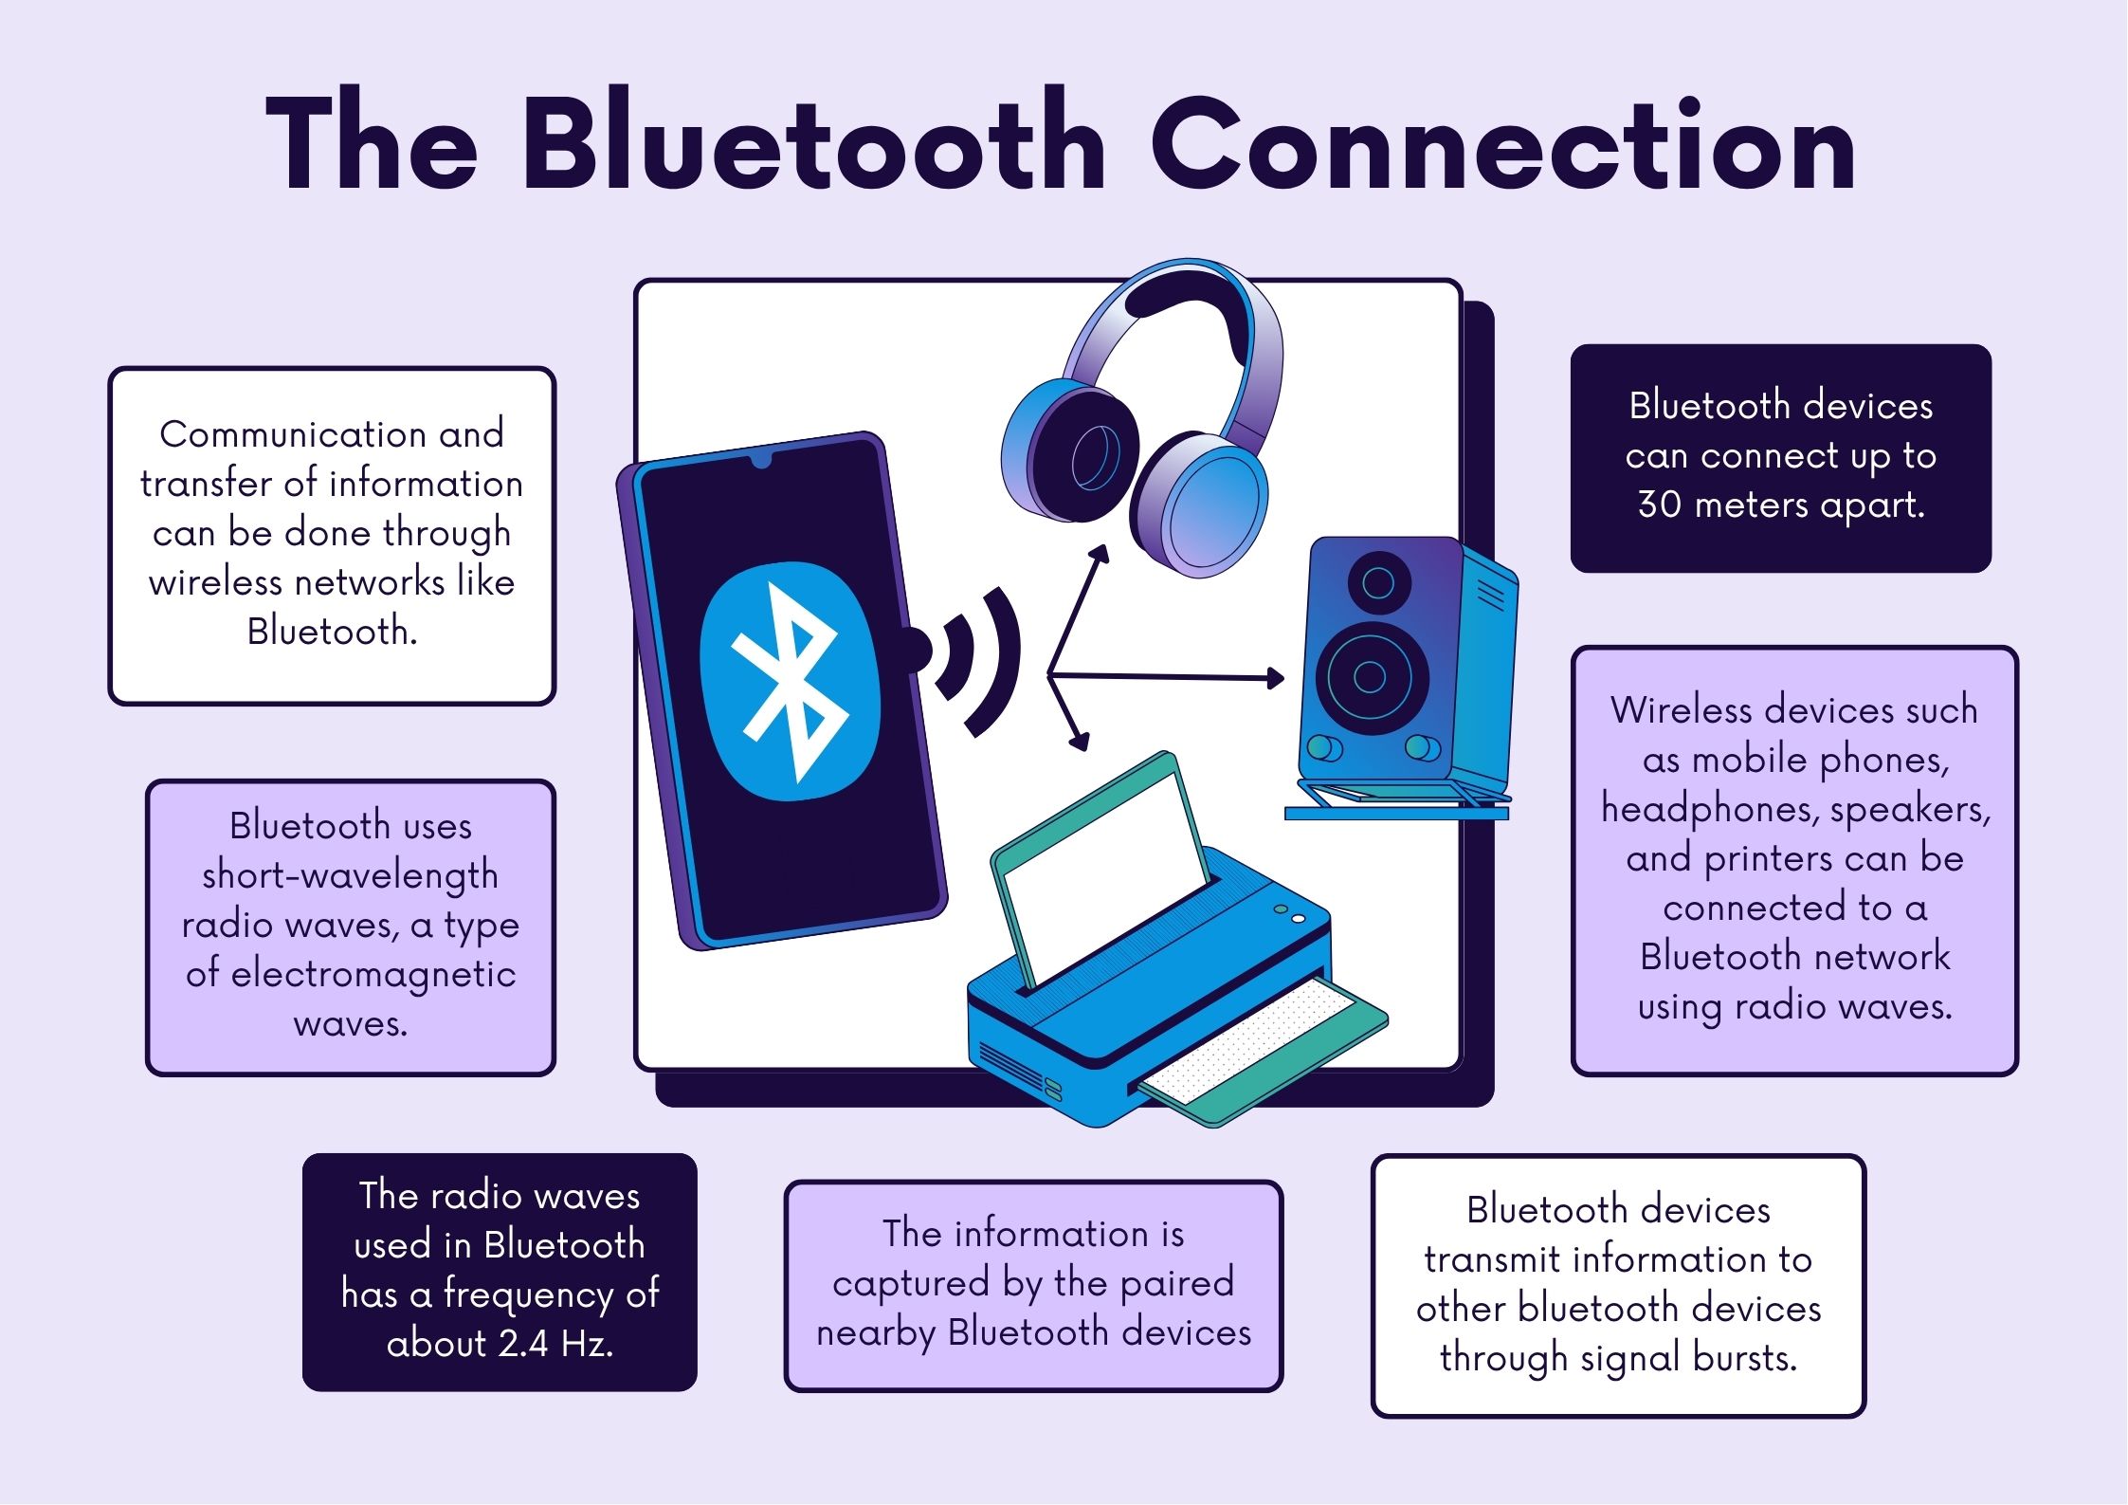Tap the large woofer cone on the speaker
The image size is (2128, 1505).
(1370, 677)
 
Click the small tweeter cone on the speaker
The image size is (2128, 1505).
(1378, 581)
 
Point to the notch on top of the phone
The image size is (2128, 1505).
(761, 461)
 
